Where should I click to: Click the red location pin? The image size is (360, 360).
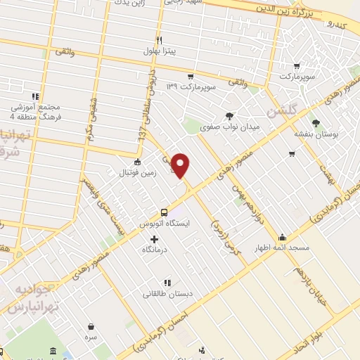(x=181, y=165)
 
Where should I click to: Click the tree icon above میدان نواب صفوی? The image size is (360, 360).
(x=229, y=116)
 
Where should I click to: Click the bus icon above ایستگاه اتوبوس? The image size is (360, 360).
(x=165, y=212)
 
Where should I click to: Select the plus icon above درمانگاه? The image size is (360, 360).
(x=155, y=239)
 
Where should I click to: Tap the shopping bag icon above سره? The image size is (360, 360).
(x=91, y=326)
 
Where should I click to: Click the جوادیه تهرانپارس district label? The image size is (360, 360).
(x=31, y=300)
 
